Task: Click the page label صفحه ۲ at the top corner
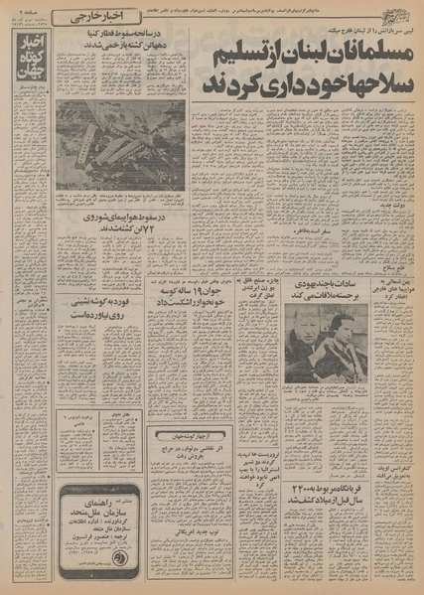point(24,17)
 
